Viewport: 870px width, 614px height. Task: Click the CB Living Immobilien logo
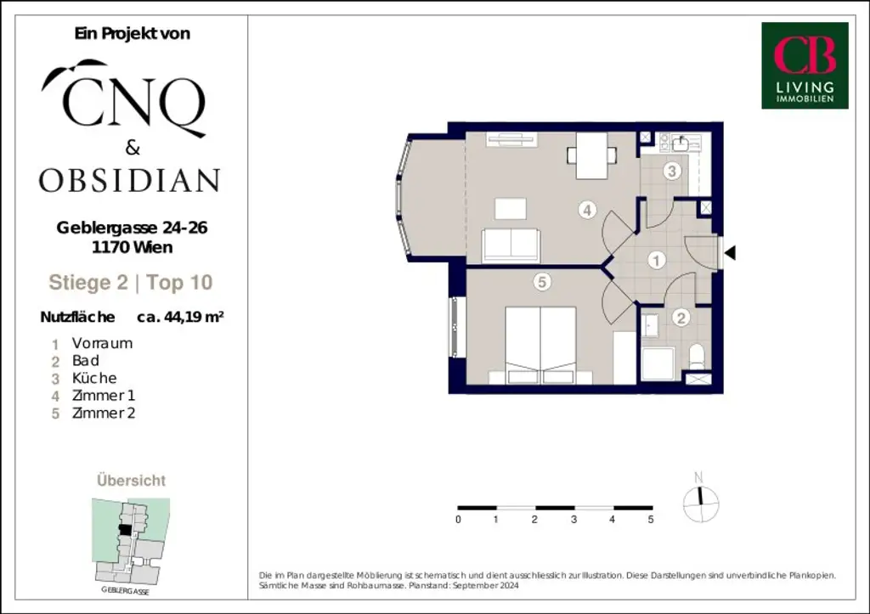[x=804, y=65]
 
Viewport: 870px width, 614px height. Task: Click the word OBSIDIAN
[x=129, y=180]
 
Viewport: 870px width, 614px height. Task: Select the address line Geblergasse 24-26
[x=133, y=228]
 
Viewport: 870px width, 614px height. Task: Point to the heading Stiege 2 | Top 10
[x=131, y=283]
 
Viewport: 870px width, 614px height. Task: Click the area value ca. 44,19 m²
[x=180, y=318]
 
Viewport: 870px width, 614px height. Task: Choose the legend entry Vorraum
[x=102, y=343]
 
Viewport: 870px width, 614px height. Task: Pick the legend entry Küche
[x=94, y=378]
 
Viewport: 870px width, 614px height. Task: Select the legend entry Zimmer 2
[x=104, y=414]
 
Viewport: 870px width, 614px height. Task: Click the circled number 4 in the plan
[x=587, y=210]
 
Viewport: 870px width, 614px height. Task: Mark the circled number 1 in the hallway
[x=656, y=261]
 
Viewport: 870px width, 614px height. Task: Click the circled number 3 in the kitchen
[x=671, y=172]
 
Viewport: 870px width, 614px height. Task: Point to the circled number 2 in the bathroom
[x=681, y=318]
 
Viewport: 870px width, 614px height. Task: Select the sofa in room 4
[x=511, y=245]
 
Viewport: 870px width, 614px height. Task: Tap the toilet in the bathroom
[x=697, y=358]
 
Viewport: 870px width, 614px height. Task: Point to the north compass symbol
[x=701, y=502]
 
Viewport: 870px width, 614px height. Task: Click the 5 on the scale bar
[x=651, y=519]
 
